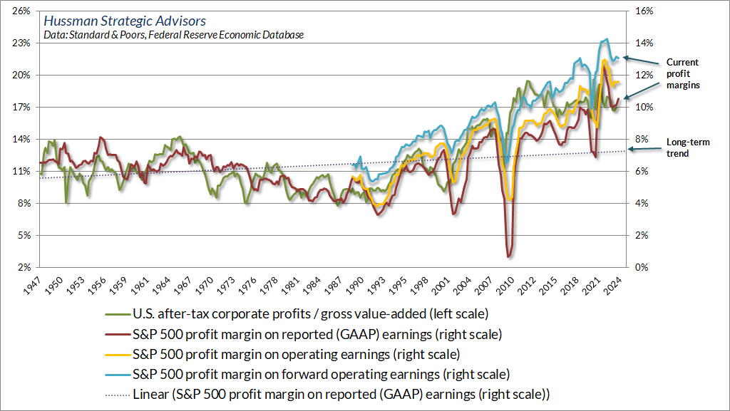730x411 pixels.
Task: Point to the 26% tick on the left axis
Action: click(x=19, y=11)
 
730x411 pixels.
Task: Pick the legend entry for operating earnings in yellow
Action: click(x=295, y=354)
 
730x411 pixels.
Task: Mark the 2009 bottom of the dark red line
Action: click(x=508, y=256)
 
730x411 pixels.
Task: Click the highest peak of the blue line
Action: click(x=606, y=39)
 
